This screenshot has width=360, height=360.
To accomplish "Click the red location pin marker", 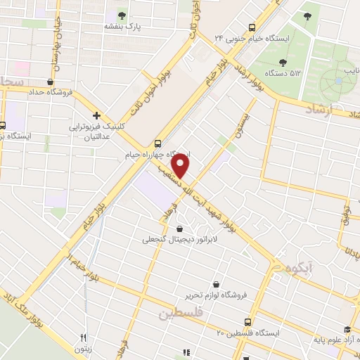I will [181, 166].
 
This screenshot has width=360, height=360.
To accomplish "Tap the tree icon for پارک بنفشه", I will [122, 15].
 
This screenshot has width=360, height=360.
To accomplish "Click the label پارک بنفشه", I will [123, 27].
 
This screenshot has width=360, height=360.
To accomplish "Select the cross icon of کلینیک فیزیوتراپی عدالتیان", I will [96, 115].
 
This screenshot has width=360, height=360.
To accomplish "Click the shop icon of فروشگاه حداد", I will [49, 81].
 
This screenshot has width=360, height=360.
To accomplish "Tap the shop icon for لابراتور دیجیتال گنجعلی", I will [180, 228].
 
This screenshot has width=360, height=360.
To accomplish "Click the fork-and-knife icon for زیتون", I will [83, 337].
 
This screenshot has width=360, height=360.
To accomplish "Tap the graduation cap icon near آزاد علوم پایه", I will [347, 329].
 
